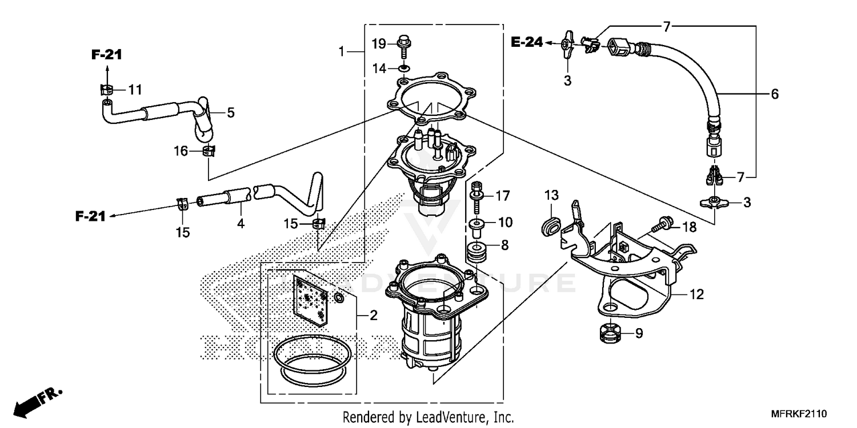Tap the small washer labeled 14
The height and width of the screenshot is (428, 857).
[404, 69]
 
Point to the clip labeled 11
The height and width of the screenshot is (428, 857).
[105, 89]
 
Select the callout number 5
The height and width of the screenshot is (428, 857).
[230, 113]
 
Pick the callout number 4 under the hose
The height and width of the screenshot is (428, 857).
[241, 224]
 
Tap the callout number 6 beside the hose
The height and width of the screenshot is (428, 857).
[774, 94]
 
